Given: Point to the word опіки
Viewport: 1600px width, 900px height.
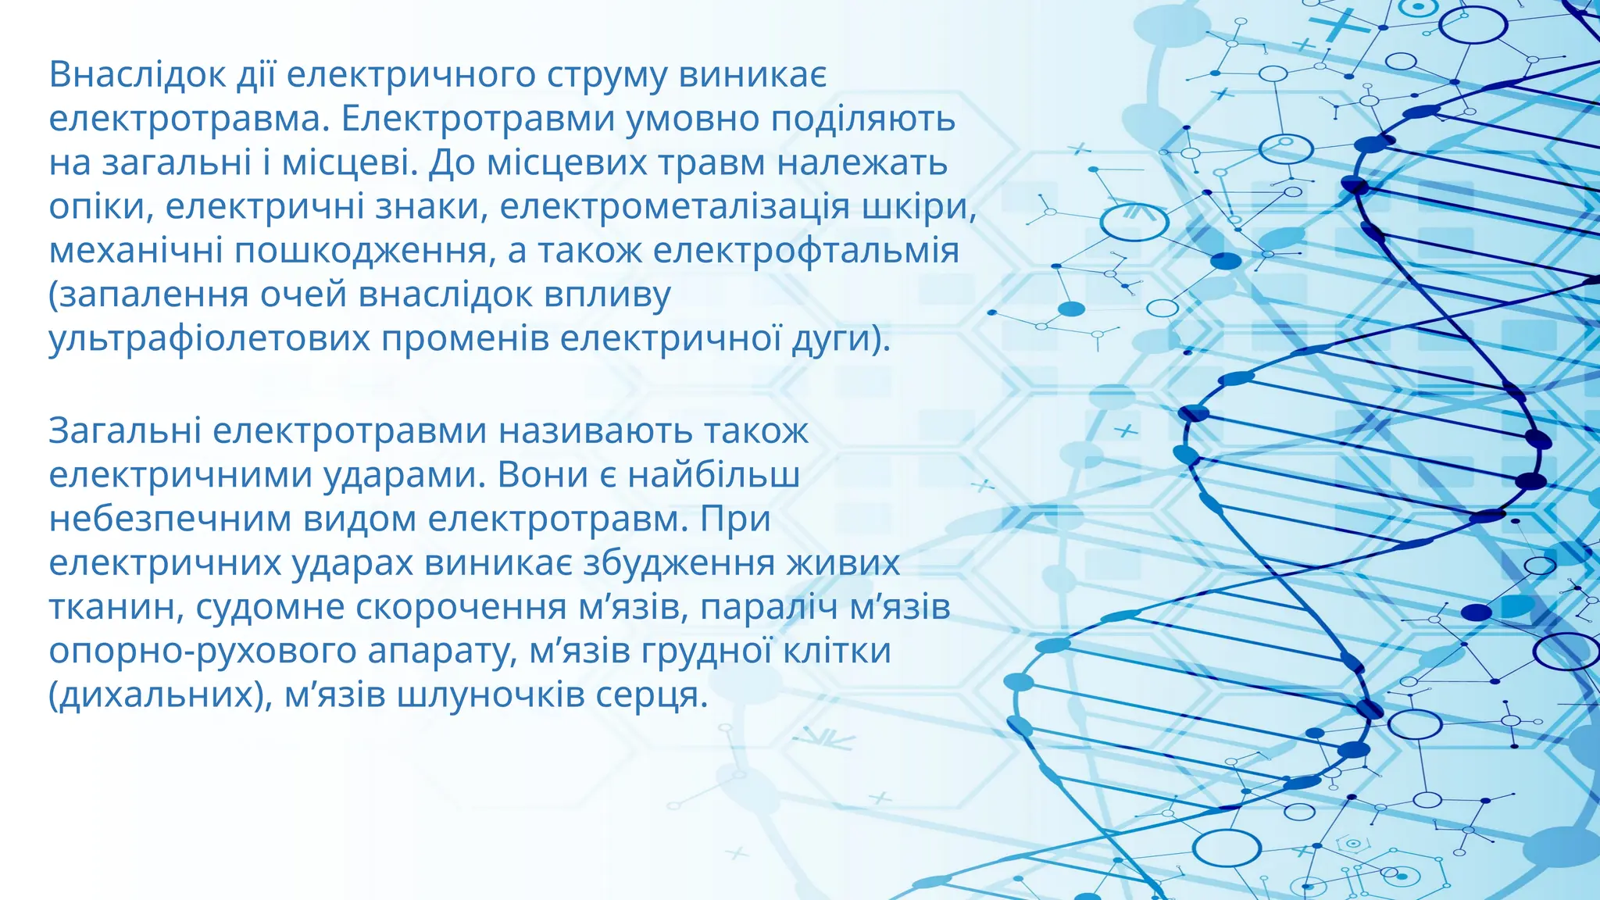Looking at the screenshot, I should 101,207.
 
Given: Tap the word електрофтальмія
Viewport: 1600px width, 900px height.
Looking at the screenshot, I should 805,252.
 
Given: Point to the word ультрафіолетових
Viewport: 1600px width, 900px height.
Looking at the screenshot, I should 209,340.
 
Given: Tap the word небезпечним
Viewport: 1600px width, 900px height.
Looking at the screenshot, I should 171,520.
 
